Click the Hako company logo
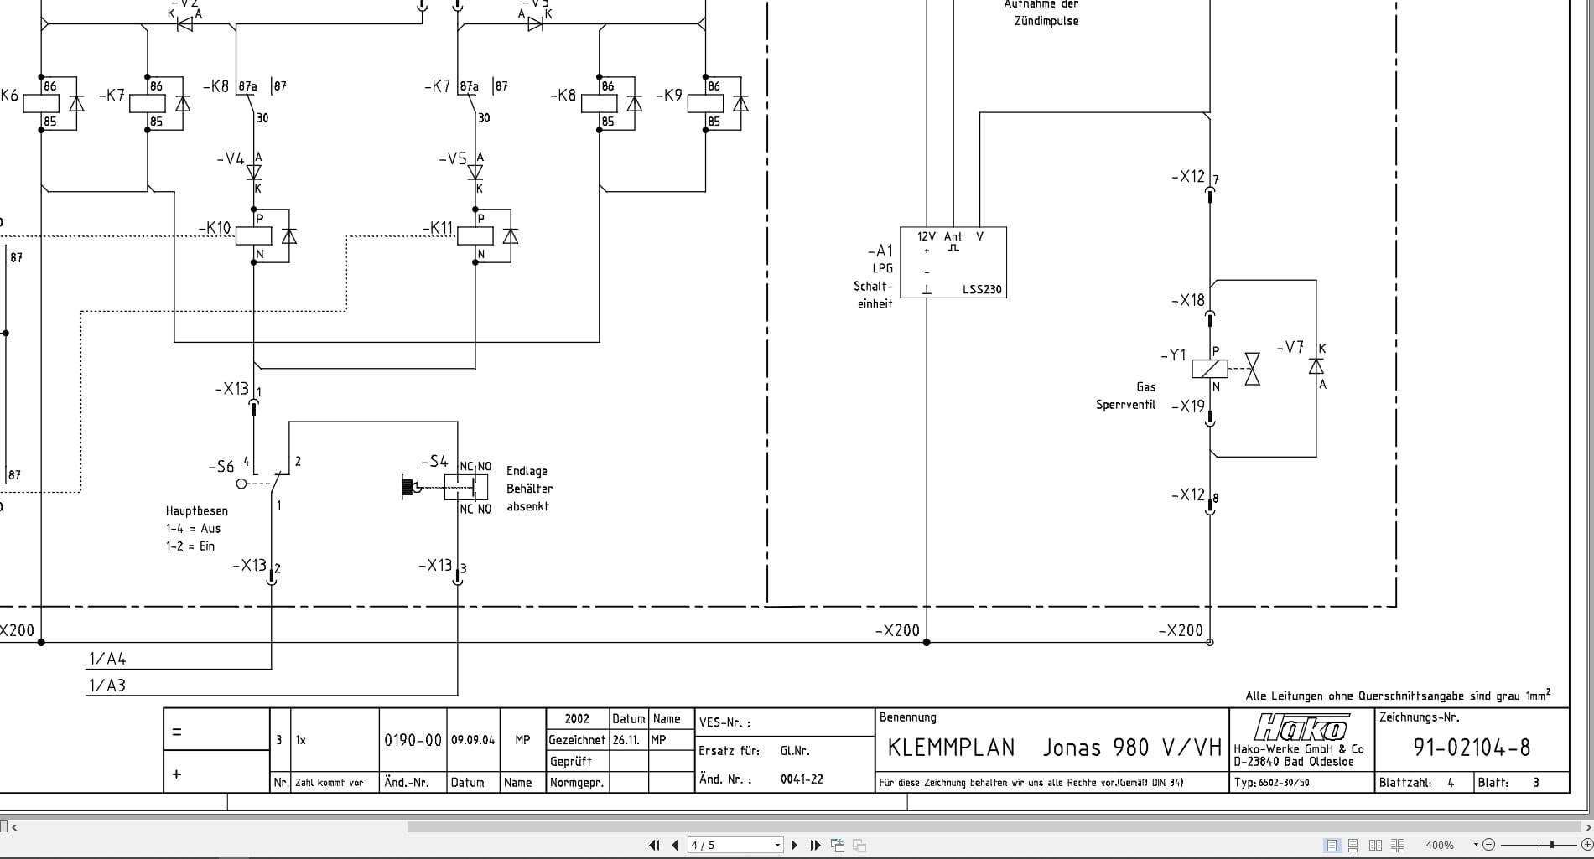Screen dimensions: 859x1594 [1301, 727]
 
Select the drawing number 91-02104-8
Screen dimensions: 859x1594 [1472, 748]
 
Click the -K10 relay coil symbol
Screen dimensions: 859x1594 [253, 235]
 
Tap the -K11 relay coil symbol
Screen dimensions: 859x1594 [475, 235]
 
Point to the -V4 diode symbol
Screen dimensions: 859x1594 [253, 173]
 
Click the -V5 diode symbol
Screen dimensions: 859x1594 [475, 173]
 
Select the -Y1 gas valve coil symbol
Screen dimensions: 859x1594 [1209, 369]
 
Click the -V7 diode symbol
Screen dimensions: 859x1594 [1316, 366]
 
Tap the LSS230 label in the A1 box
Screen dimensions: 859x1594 [981, 290]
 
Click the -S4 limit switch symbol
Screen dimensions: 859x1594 [465, 487]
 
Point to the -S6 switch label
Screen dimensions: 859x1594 [221, 467]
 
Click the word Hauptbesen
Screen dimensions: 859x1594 [196, 511]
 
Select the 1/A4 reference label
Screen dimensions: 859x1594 [107, 659]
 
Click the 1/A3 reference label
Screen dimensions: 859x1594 [107, 686]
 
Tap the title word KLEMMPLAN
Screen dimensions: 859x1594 [951, 748]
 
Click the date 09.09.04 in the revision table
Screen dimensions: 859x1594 [473, 740]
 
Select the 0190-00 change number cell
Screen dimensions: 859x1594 [413, 740]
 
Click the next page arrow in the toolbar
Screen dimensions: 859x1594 [795, 845]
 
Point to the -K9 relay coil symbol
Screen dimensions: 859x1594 [705, 104]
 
